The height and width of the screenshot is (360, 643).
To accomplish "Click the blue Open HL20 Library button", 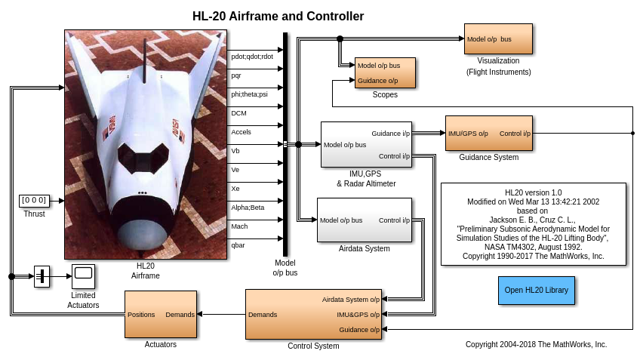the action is pyautogui.click(x=537, y=291).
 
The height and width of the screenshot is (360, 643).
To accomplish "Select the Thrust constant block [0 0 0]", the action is pyautogui.click(x=35, y=201).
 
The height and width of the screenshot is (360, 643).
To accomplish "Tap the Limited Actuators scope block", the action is pyautogui.click(x=83, y=276).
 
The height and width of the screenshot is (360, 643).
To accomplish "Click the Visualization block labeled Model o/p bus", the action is pyautogui.click(x=498, y=39).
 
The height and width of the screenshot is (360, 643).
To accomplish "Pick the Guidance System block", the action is pyautogui.click(x=489, y=134).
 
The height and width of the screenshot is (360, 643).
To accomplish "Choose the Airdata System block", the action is pyautogui.click(x=365, y=220).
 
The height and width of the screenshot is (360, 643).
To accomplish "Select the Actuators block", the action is pyautogui.click(x=161, y=315).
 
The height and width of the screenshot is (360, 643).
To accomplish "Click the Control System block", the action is pyautogui.click(x=314, y=315).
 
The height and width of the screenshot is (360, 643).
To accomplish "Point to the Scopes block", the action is pyautogui.click(x=385, y=72).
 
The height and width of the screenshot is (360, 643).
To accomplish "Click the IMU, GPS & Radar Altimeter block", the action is pyautogui.click(x=366, y=144).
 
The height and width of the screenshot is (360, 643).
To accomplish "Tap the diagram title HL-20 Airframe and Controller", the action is pyautogui.click(x=278, y=16).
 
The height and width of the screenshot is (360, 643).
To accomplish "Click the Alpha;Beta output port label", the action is pyautogui.click(x=248, y=208).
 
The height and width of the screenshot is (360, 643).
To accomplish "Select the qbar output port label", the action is pyautogui.click(x=238, y=245).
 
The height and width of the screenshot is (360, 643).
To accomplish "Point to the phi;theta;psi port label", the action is pyautogui.click(x=249, y=94).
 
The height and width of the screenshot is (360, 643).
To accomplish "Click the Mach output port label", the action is pyautogui.click(x=239, y=226).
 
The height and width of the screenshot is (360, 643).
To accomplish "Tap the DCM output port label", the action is pyautogui.click(x=238, y=113).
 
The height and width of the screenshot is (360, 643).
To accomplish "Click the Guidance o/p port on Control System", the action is pyautogui.click(x=359, y=330).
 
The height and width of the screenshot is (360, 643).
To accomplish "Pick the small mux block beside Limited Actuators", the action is pyautogui.click(x=42, y=276).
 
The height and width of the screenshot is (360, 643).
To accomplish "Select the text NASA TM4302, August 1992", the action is pyautogui.click(x=533, y=247).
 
